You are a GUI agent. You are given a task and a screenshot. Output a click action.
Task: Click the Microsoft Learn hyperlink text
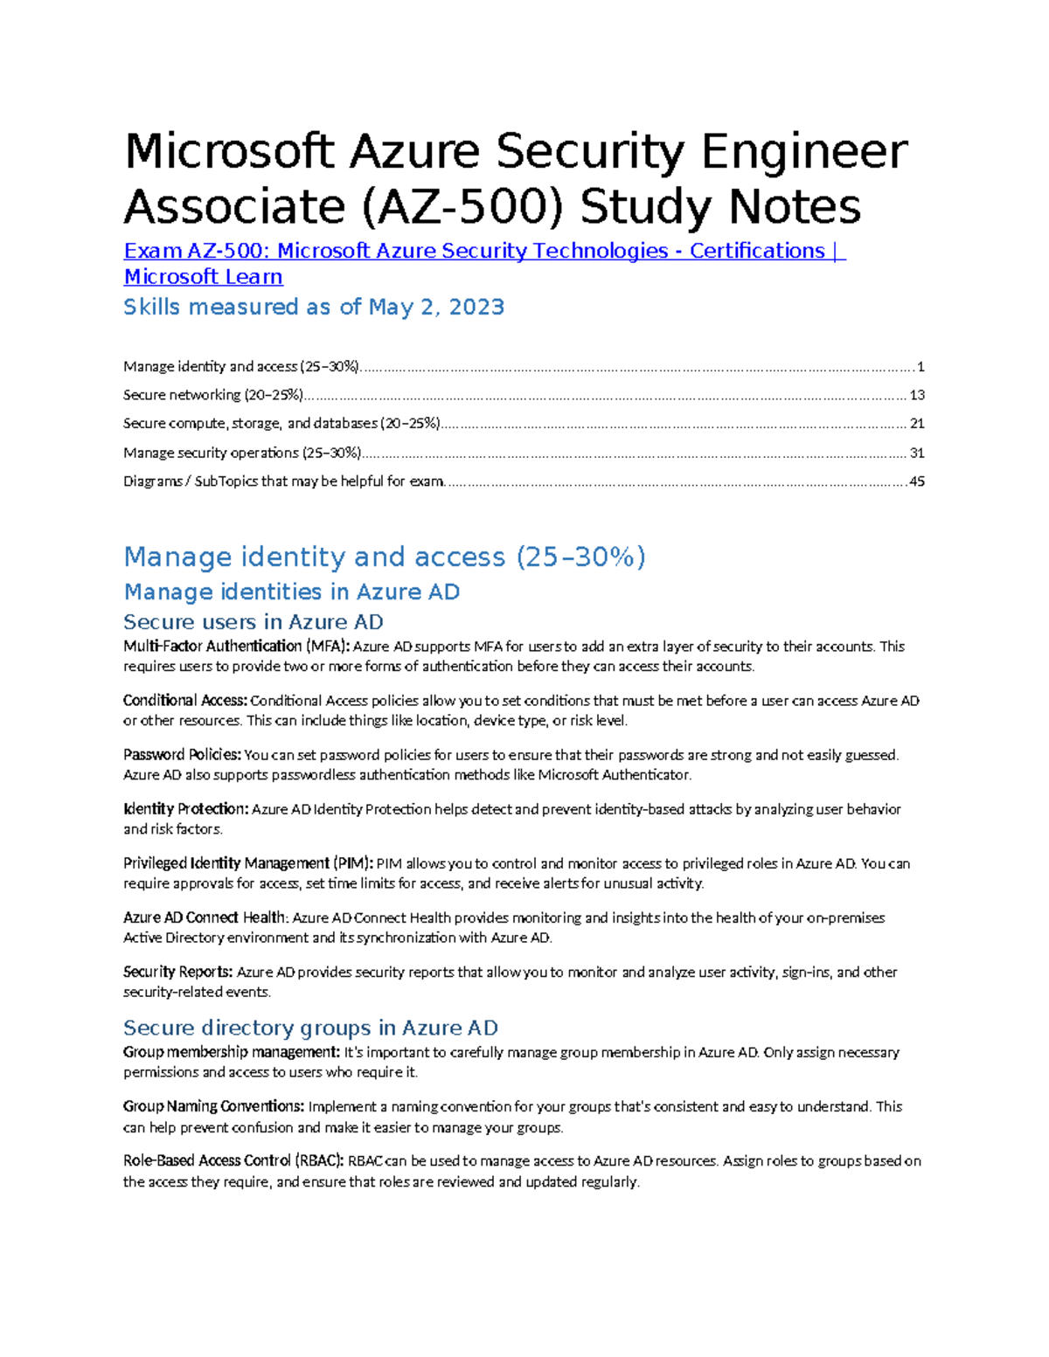203,277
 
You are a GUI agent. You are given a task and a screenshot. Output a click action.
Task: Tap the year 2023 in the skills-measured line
476,308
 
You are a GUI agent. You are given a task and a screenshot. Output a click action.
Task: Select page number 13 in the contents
917,395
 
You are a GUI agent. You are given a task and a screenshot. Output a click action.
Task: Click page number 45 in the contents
917,481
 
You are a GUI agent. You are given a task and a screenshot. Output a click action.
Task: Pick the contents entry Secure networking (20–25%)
213,395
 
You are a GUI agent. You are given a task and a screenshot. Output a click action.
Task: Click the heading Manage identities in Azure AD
291,592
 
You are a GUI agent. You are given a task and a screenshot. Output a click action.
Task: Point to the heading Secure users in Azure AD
253,622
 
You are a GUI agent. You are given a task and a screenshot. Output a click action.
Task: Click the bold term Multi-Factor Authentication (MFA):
236,647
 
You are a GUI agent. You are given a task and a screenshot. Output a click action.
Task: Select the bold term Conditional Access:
185,701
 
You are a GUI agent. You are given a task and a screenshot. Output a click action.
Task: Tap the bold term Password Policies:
182,755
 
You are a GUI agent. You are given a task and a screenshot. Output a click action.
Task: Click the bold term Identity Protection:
185,809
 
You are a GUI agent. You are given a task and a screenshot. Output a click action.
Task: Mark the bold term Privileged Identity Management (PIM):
248,863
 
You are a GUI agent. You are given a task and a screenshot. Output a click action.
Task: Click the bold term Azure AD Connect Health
205,917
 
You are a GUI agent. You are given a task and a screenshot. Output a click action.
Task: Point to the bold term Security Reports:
177,972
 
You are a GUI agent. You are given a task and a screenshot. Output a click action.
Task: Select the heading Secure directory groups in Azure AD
310,1028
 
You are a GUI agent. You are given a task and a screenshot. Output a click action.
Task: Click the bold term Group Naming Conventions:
213,1106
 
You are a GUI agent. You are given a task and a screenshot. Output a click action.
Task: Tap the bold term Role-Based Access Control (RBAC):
233,1161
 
